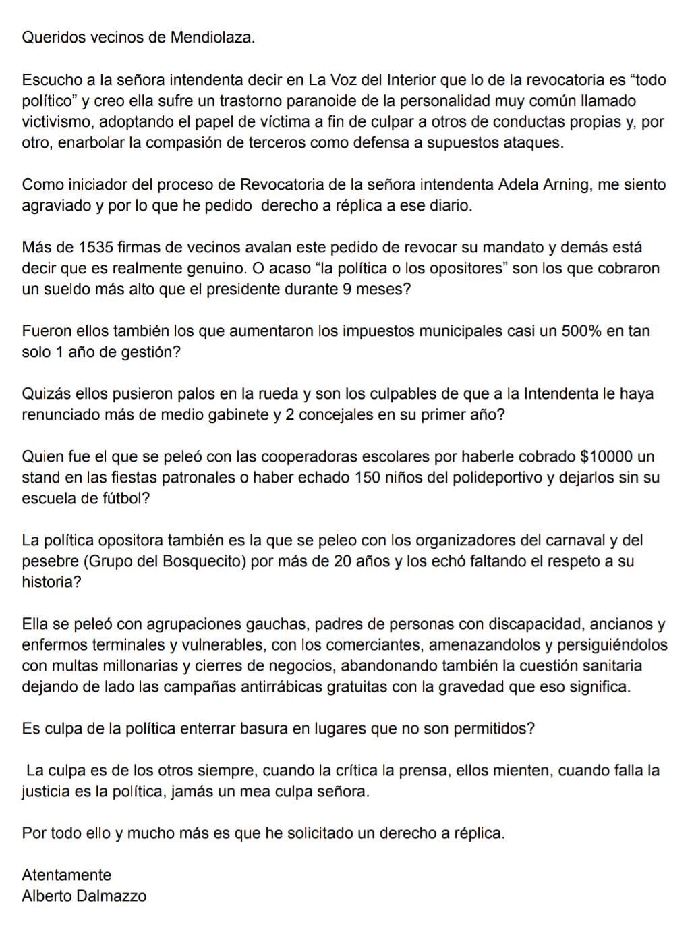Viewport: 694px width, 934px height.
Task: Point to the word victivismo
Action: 58,122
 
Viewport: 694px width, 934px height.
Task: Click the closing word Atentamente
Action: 67,875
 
